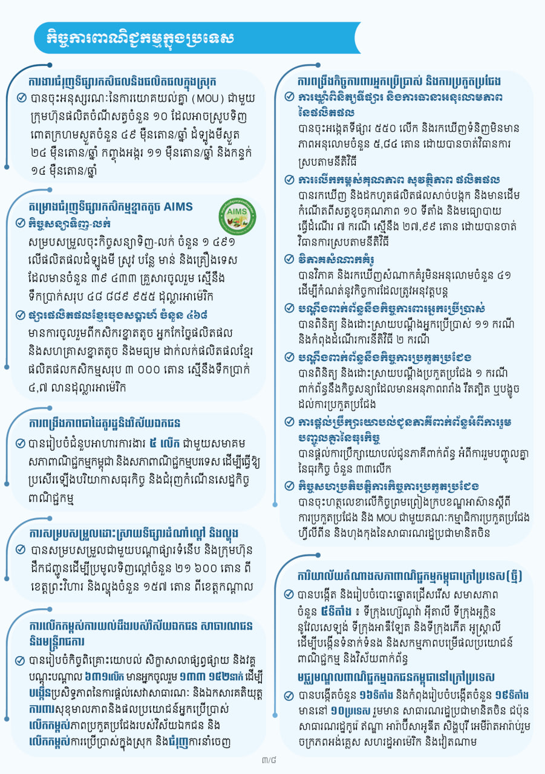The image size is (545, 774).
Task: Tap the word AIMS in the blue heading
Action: click(179, 207)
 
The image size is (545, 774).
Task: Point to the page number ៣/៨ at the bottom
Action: click(269, 756)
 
